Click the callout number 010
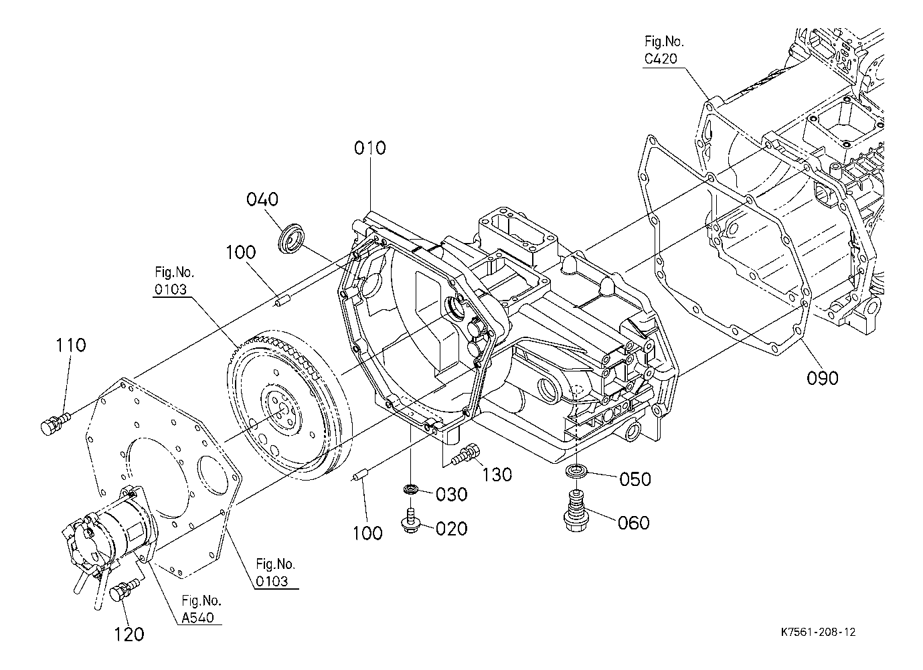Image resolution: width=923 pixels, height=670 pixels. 369,148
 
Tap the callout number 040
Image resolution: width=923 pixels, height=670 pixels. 262,199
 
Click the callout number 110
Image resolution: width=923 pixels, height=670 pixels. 70,345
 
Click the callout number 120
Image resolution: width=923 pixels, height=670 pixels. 129,635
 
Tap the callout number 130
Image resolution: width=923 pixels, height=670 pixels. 497,475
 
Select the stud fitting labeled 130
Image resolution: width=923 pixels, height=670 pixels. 465,454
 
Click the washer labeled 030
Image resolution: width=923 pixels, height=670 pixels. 411,489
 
